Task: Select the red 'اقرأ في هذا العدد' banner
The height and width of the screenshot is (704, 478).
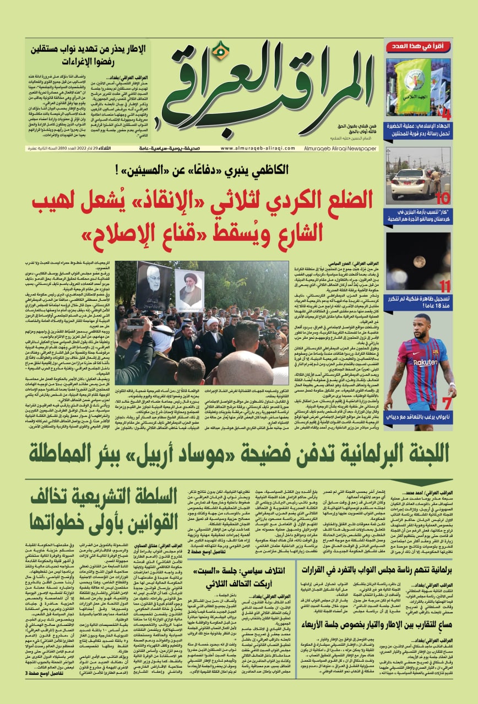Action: tap(418, 47)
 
